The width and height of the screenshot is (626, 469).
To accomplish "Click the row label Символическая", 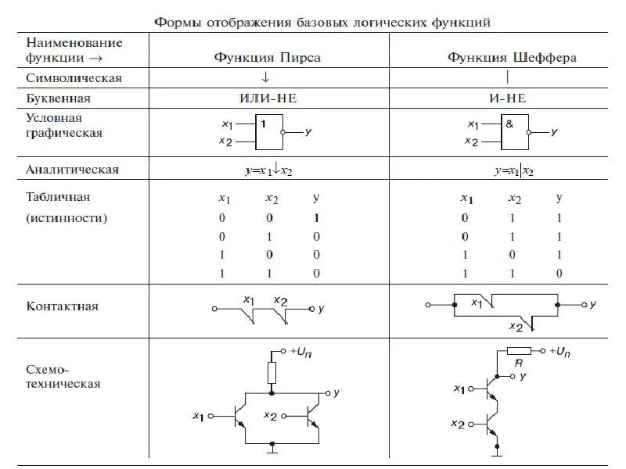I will click(x=74, y=78).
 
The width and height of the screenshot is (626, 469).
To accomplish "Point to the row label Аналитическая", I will click(x=72, y=169).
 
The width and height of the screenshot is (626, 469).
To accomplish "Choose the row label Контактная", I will click(x=62, y=306).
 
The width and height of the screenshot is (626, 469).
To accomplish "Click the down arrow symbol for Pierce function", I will click(x=266, y=77).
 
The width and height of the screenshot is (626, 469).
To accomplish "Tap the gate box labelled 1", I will click(x=269, y=133).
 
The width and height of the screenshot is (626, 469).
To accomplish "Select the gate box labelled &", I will click(x=514, y=133).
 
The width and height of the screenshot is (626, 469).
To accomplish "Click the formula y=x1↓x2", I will click(x=268, y=170).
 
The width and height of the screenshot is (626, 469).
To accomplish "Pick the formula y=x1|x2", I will click(x=513, y=170).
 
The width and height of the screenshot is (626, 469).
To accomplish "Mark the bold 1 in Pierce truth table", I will click(x=315, y=218).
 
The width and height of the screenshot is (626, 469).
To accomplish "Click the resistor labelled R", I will click(x=520, y=351).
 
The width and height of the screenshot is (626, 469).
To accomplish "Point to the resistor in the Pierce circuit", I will click(x=272, y=371).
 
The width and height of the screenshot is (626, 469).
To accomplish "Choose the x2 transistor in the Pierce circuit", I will click(x=311, y=415).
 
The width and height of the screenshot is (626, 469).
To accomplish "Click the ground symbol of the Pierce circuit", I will click(x=272, y=449).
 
